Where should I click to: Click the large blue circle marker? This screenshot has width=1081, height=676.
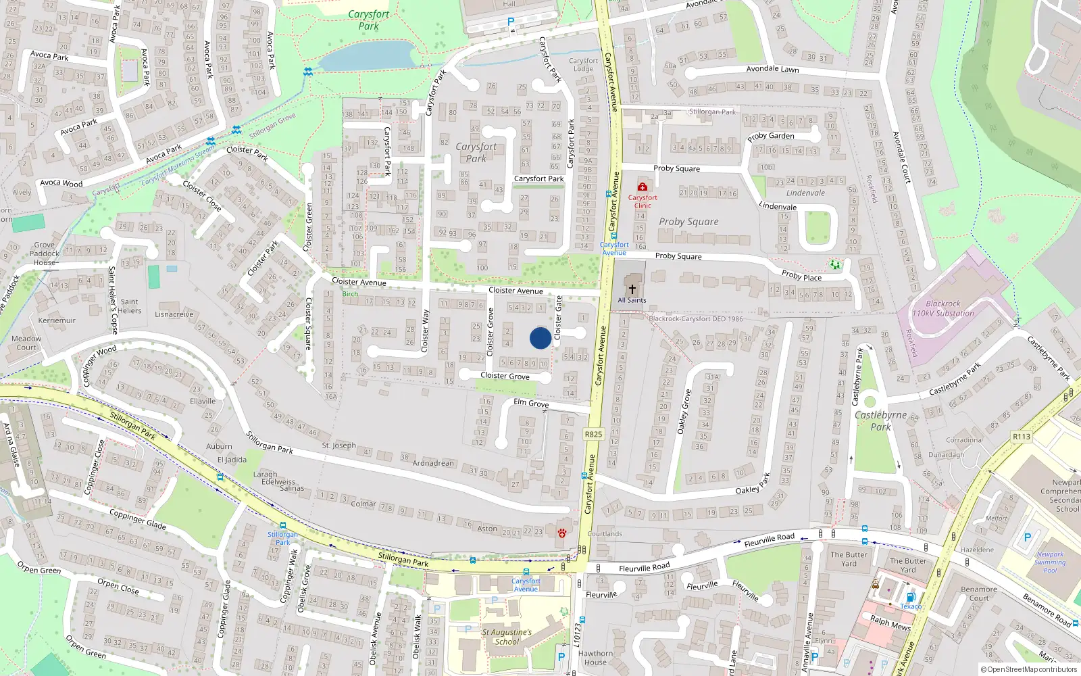[x=540, y=338]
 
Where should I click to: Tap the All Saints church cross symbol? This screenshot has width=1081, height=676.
[x=632, y=289]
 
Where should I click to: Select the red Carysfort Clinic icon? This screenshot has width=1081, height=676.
[x=643, y=187]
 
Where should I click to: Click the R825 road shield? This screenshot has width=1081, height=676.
[x=593, y=434]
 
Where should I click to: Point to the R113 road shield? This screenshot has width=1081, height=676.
[x=1022, y=437]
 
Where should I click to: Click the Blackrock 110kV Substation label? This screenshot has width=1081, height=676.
[x=943, y=309]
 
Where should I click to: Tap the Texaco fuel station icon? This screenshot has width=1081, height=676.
[x=911, y=597]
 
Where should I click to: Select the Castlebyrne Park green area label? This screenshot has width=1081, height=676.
[x=881, y=420]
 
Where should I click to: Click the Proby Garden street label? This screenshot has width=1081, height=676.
[x=771, y=136]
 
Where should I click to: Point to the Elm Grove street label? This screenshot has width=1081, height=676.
[x=531, y=403]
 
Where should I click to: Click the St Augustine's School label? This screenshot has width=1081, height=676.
[x=507, y=637]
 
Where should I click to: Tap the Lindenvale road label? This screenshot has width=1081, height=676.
[x=778, y=206]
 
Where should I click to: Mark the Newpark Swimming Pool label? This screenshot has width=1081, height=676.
[x=1050, y=562]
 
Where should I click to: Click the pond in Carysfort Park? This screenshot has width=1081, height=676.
[x=366, y=56]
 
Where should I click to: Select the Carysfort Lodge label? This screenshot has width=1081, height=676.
[x=583, y=65]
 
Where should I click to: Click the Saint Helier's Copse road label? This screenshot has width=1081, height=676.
[x=112, y=299]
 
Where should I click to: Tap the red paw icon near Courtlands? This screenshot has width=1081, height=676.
[x=562, y=533]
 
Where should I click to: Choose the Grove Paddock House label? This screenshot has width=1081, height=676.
[x=45, y=254]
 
